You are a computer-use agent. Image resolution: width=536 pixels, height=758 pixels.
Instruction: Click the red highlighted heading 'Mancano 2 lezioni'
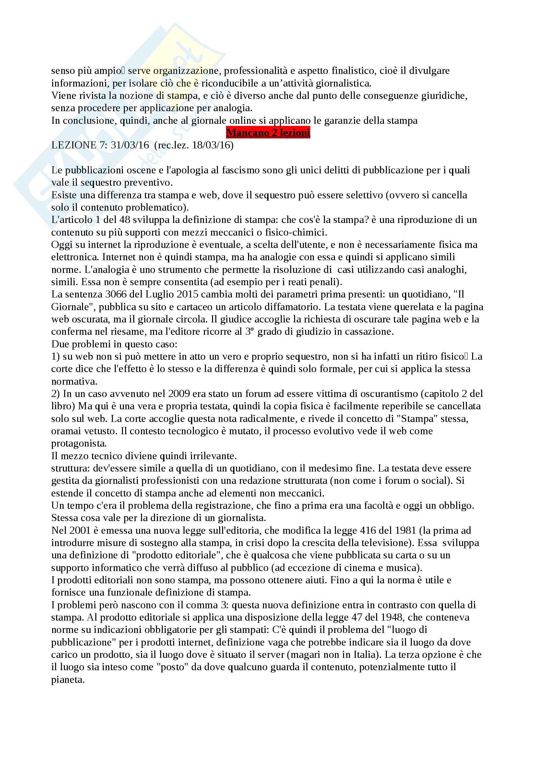(x=268, y=133)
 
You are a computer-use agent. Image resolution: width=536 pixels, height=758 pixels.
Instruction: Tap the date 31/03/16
(x=130, y=145)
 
